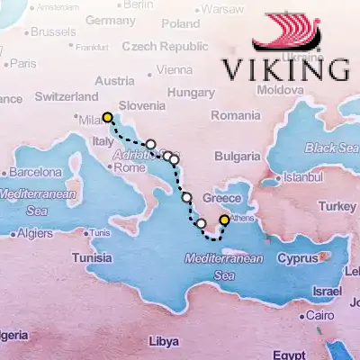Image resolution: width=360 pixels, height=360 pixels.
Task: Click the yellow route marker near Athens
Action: pos(224,219)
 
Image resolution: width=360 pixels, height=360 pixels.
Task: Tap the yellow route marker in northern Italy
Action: pos(108,117)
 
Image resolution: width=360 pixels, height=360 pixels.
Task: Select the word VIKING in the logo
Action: pos(285,69)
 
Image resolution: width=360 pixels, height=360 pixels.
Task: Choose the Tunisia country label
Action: pos(92,256)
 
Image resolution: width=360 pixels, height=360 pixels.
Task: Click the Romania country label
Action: pos(237,115)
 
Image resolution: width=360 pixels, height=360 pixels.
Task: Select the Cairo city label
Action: pos(319,316)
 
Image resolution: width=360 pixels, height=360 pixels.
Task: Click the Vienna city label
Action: pos(174,69)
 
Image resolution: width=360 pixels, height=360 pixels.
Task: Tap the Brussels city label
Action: pos(53,31)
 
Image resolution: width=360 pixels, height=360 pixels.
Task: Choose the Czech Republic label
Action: pos(165,46)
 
